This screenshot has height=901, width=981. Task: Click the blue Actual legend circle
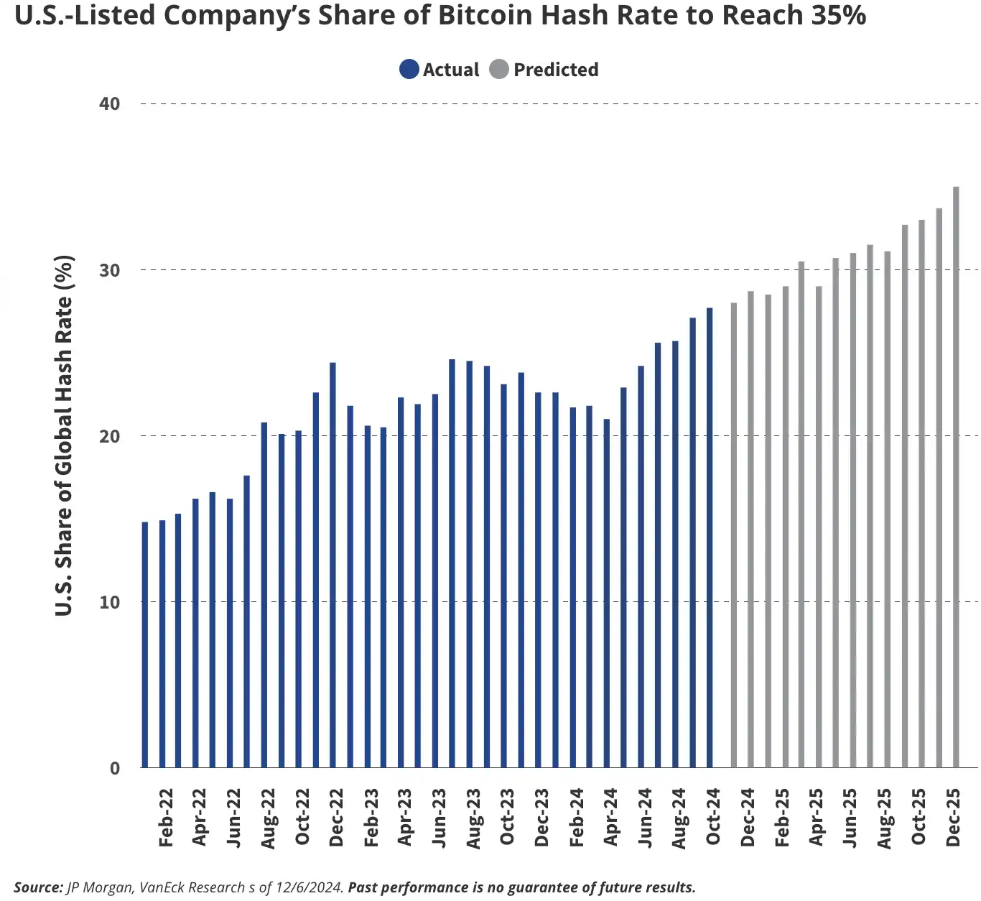(x=409, y=70)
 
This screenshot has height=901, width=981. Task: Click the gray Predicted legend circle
(x=499, y=70)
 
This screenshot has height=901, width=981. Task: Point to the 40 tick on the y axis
(x=110, y=103)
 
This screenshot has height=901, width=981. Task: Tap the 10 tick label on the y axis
(x=110, y=602)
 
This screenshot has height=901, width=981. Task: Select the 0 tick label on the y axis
(x=115, y=768)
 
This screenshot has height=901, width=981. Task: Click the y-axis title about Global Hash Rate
(x=65, y=435)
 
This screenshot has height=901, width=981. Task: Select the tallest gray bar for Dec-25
(x=956, y=478)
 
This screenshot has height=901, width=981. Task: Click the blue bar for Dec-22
(x=333, y=565)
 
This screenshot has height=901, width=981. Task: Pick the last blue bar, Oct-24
(x=710, y=538)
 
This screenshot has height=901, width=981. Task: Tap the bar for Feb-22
(x=162, y=644)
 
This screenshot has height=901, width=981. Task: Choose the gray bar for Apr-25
(x=819, y=527)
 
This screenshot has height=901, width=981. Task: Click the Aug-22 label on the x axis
(x=269, y=818)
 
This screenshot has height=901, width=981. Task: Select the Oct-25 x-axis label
(x=919, y=817)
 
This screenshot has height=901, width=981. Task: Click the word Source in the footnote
(x=38, y=887)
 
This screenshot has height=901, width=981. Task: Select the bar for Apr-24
(x=607, y=593)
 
